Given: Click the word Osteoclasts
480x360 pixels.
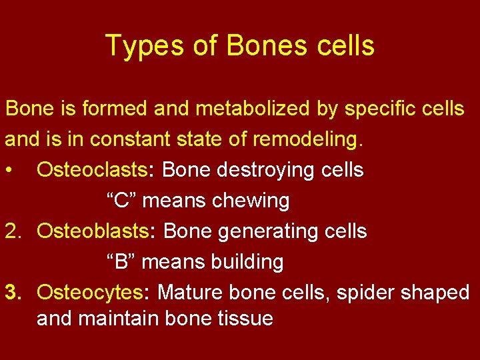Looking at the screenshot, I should point(93,170).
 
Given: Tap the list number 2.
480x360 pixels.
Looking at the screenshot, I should point(14,231).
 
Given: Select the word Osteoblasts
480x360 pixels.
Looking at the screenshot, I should point(93,231).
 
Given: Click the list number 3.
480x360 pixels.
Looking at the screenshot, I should point(14,293).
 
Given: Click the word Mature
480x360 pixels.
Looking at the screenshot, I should point(191,293).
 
